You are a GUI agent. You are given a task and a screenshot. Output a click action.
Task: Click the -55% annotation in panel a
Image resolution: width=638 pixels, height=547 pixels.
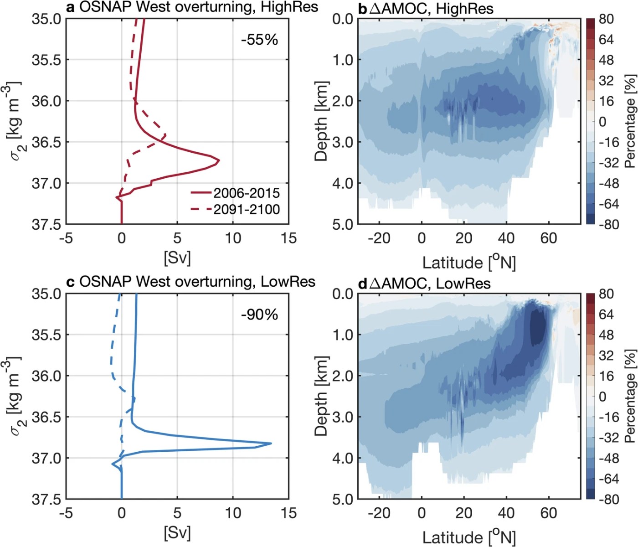point(259,40)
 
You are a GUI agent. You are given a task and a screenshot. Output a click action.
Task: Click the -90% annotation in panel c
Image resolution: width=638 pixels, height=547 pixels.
point(259,315)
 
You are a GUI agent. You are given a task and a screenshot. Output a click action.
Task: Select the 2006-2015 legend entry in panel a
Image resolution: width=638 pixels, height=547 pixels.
point(247,193)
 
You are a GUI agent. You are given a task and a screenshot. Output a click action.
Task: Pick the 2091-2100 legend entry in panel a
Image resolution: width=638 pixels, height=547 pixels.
point(247,210)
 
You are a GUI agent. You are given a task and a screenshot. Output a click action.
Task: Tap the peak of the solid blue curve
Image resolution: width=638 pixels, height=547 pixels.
point(271,443)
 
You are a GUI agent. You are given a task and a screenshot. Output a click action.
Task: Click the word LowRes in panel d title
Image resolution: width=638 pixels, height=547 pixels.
point(463,284)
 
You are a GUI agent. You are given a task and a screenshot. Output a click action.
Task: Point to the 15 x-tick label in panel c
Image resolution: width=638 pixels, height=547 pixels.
point(288,513)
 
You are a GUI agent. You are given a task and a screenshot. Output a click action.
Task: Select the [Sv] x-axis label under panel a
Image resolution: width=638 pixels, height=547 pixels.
point(177,258)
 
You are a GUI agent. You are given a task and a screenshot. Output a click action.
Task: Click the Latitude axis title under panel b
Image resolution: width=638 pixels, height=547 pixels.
point(469,263)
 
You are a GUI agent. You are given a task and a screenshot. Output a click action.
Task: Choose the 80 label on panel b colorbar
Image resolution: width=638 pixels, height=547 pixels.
point(606,19)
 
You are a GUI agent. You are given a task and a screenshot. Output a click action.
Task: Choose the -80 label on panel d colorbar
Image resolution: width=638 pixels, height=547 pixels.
point(608,499)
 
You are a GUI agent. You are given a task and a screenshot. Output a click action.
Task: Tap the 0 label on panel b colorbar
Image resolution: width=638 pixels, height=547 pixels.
point(602,122)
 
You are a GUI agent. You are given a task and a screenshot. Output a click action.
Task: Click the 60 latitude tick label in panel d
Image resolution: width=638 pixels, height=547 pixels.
point(549,513)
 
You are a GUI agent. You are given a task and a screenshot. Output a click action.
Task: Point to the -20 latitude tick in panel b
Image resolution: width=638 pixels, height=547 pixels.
point(379,238)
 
